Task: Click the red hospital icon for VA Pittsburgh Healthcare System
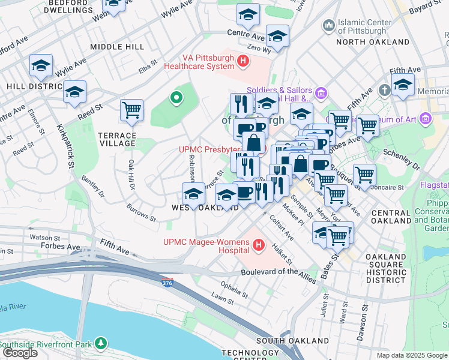(243, 61)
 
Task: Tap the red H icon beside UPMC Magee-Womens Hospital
(259, 245)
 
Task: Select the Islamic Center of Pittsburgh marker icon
(328, 25)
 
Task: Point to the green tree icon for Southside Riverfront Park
(103, 344)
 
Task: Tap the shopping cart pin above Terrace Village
(131, 110)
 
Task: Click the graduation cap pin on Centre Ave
(248, 14)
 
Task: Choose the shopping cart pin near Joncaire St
(364, 175)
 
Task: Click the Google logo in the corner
(20, 353)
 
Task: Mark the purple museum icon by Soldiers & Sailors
(321, 93)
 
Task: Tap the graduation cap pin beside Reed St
(74, 91)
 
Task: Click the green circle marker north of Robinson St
(176, 97)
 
